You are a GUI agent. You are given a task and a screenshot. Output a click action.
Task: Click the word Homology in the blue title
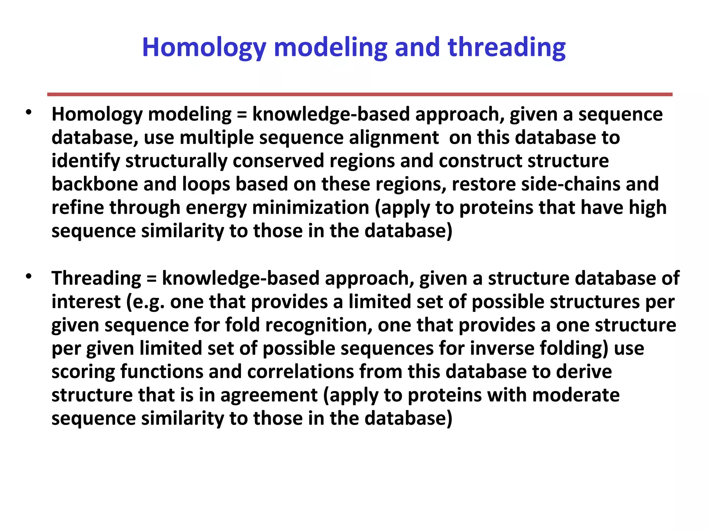click(x=204, y=47)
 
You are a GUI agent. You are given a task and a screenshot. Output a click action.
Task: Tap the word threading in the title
click(x=506, y=47)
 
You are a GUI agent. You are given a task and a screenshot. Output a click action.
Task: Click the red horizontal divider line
click(x=360, y=94)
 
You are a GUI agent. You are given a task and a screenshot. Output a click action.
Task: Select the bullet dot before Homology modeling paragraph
click(x=29, y=112)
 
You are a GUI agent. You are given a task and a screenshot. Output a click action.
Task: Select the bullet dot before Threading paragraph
click(x=29, y=276)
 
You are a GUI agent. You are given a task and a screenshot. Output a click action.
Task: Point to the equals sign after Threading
click(x=151, y=279)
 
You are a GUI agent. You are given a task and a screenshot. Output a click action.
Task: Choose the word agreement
click(x=269, y=395)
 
